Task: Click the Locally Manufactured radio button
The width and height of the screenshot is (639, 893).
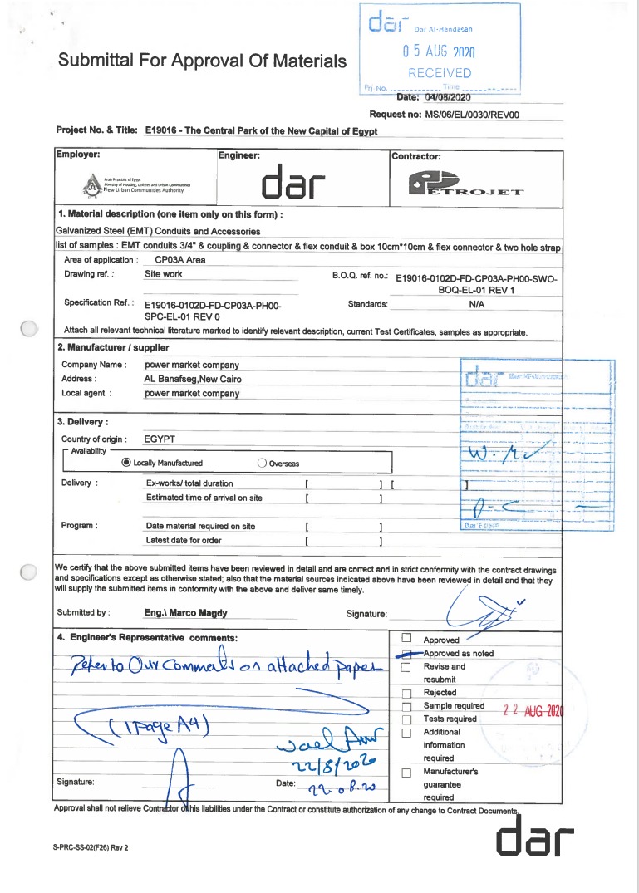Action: [x=126, y=463]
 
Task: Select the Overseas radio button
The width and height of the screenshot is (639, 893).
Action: [x=263, y=463]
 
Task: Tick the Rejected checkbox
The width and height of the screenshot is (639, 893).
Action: [x=406, y=693]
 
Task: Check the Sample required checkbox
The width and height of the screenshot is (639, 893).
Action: [x=406, y=706]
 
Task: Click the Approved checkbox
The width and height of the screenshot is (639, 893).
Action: [x=406, y=639]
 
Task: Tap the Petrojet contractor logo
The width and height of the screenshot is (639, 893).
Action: [x=465, y=184]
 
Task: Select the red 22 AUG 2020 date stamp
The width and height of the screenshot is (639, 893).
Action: [x=533, y=710]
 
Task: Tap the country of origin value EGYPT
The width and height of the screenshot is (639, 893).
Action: [x=160, y=439]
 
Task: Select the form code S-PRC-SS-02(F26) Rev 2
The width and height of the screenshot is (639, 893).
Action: [x=91, y=848]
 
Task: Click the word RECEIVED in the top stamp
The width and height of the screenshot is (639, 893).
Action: [x=440, y=73]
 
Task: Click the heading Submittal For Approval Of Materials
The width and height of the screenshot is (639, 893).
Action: [x=202, y=61]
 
